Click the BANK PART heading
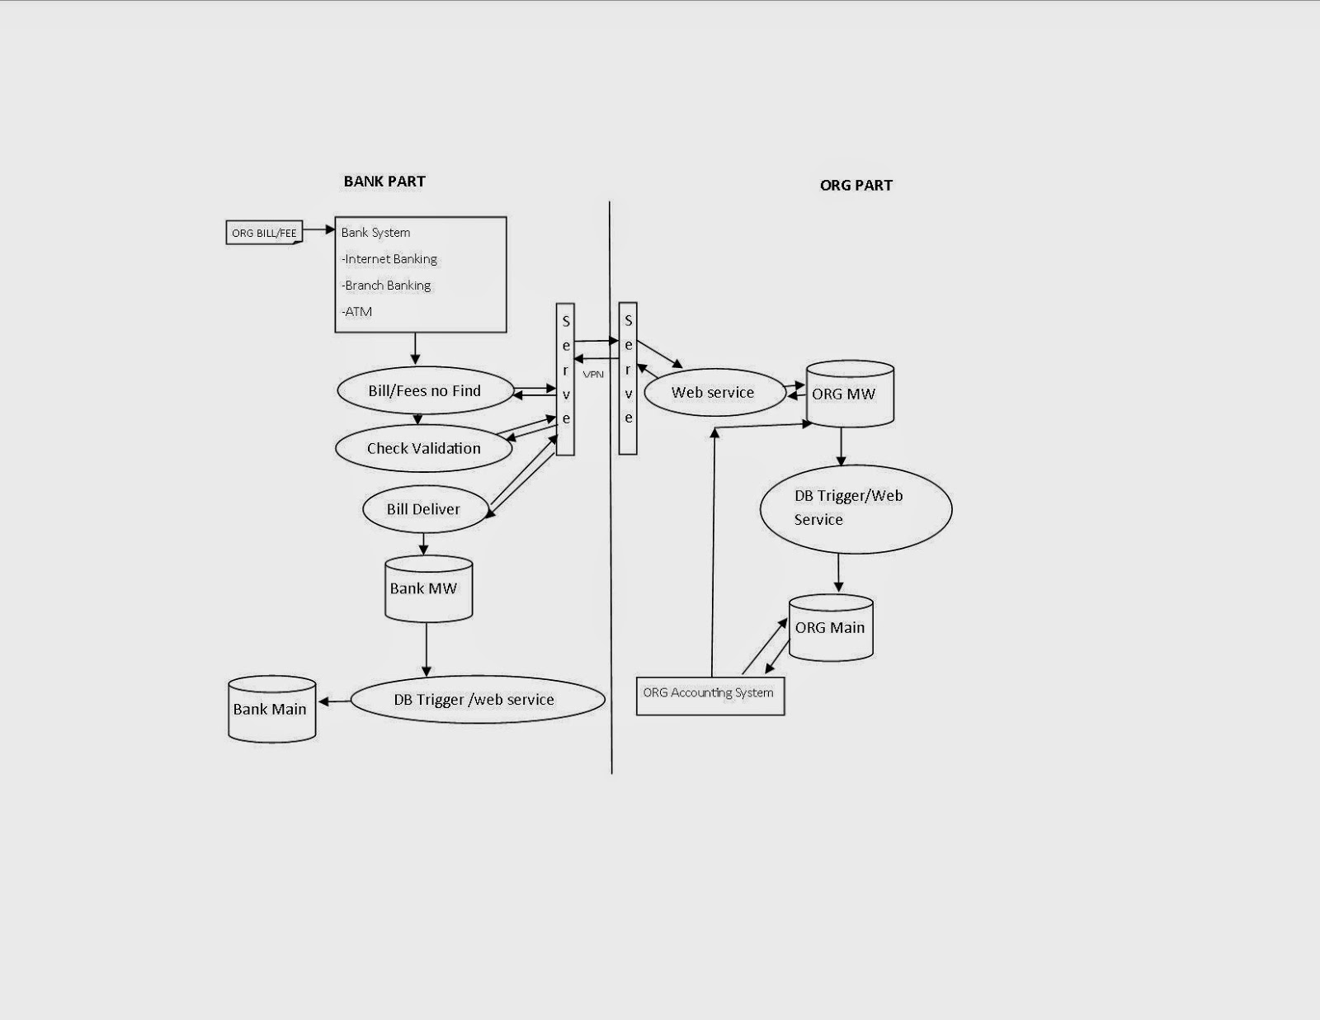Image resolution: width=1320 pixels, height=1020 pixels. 384,182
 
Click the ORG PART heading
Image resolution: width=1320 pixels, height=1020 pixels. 856,186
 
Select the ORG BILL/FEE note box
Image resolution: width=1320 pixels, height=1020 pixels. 264,233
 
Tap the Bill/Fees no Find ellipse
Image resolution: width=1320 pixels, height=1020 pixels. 424,391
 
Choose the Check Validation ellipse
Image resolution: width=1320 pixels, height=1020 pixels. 423,448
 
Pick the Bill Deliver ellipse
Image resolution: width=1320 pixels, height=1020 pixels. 422,509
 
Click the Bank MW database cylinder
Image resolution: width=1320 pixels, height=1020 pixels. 428,589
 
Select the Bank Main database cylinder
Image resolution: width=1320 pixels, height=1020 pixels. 271,709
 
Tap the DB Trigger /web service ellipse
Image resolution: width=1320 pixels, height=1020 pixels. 477,700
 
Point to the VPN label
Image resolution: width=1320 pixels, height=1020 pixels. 593,375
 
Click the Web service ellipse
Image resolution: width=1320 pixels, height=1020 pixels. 713,393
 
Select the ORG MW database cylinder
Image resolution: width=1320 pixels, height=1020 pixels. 849,394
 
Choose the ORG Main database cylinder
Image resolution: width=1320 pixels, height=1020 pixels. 831,628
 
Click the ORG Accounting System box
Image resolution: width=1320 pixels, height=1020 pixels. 709,695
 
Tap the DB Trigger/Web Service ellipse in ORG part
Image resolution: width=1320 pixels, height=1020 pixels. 855,508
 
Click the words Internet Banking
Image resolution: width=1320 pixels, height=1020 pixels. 390,259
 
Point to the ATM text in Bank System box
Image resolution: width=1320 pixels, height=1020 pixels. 358,312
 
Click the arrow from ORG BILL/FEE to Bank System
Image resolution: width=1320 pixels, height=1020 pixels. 318,230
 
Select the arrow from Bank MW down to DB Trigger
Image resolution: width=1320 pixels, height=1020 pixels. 427,649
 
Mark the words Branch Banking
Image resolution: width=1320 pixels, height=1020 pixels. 387,286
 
